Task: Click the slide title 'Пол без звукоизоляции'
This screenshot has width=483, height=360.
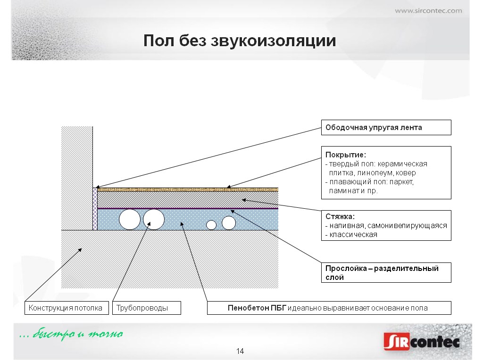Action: [240, 41]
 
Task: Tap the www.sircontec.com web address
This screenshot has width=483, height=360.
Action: [428, 11]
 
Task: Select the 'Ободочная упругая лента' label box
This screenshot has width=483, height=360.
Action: [386, 127]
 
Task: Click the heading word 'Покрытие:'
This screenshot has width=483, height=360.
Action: [346, 155]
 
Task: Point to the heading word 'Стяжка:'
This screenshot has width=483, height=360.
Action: [340, 216]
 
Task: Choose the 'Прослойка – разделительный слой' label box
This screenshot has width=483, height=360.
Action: [386, 273]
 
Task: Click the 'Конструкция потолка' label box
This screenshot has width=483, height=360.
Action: [67, 308]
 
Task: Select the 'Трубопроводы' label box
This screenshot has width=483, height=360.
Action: [147, 308]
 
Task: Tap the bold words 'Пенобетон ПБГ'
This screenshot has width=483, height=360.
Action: [257, 308]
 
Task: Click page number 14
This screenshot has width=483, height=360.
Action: [240, 351]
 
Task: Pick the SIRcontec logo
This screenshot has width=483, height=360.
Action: [422, 341]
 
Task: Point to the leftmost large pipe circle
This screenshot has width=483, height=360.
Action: [130, 220]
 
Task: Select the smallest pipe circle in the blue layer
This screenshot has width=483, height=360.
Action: [211, 225]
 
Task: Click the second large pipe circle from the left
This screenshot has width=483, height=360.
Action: [154, 220]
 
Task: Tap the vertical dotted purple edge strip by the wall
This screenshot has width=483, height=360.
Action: [95, 209]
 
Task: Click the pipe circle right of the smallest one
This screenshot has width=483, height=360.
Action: [229, 223]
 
